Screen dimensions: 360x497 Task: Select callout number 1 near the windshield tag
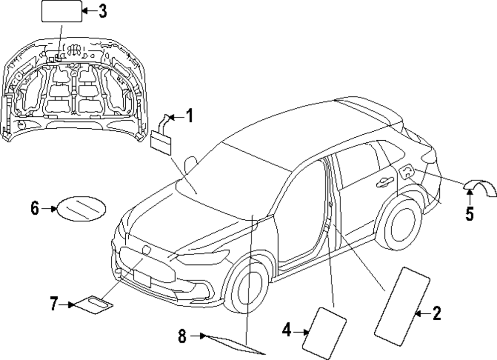[189, 117]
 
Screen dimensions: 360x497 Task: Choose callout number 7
[54, 303]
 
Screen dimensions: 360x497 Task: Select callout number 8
[182, 337]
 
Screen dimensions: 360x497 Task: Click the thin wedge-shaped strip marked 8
[234, 344]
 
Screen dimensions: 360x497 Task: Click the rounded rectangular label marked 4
[325, 329]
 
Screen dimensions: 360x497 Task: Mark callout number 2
[436, 313]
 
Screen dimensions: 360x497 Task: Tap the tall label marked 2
[403, 305]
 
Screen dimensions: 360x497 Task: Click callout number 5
[470, 214]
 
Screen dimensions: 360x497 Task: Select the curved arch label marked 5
[480, 188]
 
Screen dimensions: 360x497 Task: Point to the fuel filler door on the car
[406, 172]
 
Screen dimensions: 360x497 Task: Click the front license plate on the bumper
[142, 278]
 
